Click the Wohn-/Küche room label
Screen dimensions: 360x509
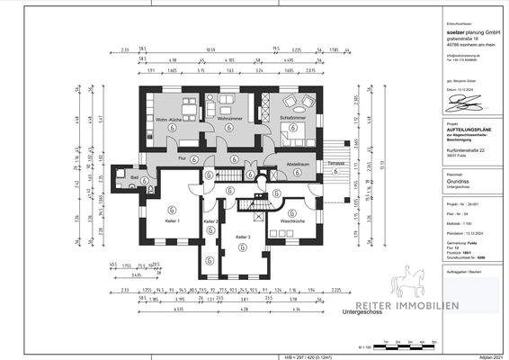[169, 119]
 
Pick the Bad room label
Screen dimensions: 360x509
[133, 178]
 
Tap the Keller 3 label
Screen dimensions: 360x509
[243, 237]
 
